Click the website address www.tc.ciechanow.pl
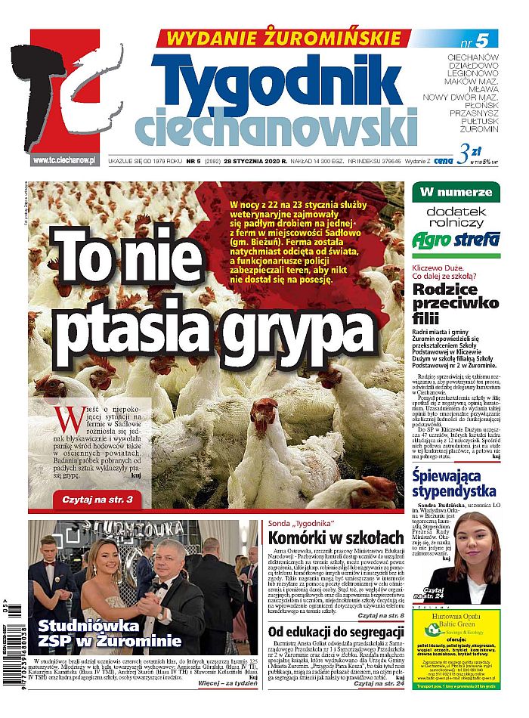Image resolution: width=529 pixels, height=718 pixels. [65, 160]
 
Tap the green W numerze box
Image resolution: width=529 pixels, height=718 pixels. [455, 191]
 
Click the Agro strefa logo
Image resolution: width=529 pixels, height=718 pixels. [455, 240]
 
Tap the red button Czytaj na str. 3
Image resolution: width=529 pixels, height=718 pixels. [97, 500]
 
